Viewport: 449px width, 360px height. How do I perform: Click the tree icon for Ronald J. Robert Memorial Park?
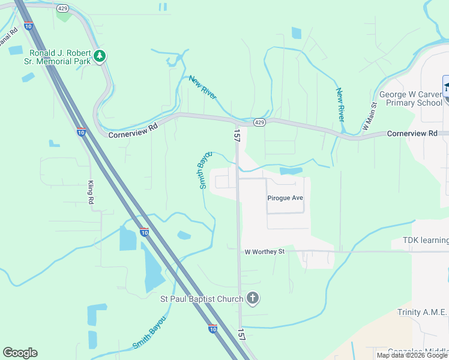[100, 57]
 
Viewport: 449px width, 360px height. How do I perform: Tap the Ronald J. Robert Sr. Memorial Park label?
[59, 57]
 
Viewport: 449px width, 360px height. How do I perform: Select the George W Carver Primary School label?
[410, 98]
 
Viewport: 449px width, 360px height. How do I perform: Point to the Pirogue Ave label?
[285, 197]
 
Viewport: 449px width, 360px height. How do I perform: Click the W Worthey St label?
[264, 252]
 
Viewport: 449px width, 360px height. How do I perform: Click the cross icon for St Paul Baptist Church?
[253, 298]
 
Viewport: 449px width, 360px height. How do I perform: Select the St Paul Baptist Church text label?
[201, 299]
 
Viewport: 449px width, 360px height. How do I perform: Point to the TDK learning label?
[420, 241]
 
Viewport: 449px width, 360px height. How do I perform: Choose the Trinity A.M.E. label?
[423, 312]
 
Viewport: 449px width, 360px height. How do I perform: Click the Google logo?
[20, 353]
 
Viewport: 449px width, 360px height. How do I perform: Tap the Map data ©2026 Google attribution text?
[412, 355]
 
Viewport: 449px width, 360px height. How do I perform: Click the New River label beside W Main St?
[340, 105]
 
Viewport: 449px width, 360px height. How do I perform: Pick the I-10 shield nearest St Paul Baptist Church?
[212, 328]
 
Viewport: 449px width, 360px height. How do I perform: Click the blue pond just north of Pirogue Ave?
[291, 171]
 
